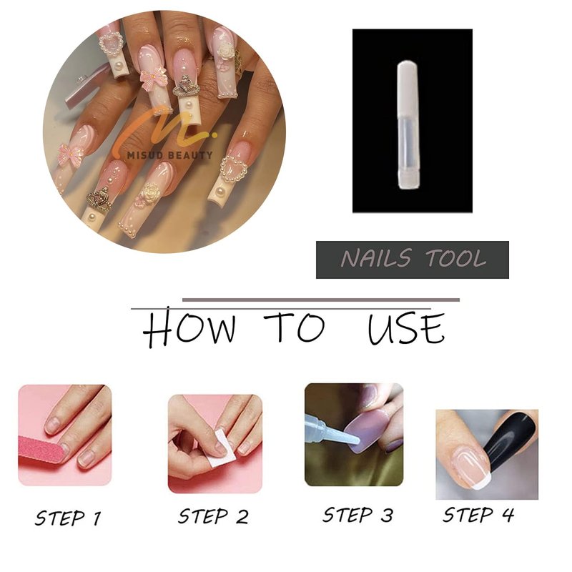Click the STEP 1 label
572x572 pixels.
tap(68, 518)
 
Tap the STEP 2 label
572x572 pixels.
tap(213, 516)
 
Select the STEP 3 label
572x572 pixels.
tap(358, 515)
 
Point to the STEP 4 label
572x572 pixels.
tap(478, 514)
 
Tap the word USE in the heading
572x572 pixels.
tap(406, 328)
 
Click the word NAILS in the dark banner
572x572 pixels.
tap(377, 258)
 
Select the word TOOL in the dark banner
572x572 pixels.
tap(455, 258)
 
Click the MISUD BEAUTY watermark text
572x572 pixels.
tap(169, 155)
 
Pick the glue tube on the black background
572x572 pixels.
tap(408, 125)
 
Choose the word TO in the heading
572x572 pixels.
tap(295, 327)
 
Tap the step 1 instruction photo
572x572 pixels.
tap(65, 435)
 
